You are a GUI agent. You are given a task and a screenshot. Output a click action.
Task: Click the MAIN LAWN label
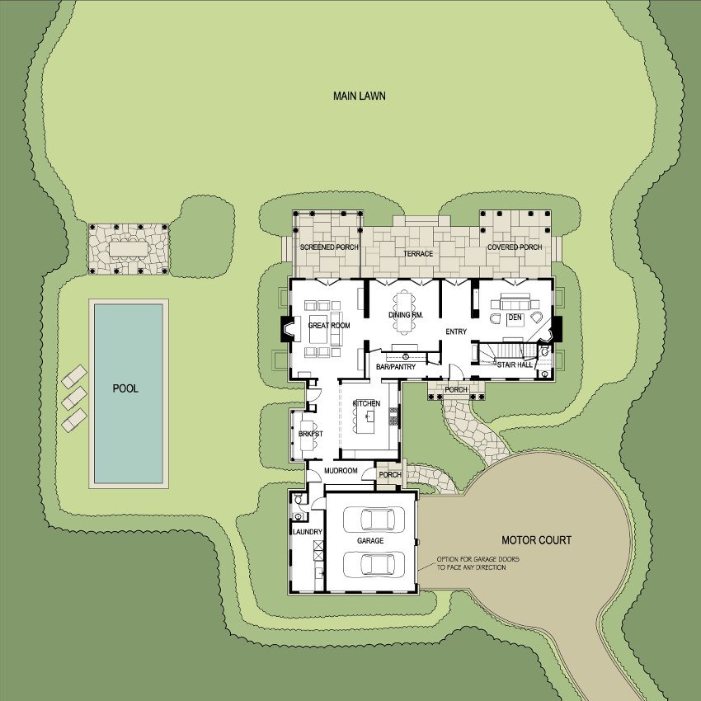click(359, 96)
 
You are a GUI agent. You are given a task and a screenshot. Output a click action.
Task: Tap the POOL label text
click(125, 388)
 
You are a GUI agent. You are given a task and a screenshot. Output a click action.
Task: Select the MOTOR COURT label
click(536, 540)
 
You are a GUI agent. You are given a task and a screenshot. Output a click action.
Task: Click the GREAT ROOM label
click(328, 326)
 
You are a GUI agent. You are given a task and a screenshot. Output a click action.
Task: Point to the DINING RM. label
click(406, 315)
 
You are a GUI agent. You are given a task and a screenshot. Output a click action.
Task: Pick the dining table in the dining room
click(404, 312)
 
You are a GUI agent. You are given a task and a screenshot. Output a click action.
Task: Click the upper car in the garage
click(374, 520)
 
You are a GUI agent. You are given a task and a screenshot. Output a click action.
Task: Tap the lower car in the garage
click(374, 565)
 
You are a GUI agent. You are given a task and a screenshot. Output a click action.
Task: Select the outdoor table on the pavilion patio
click(129, 249)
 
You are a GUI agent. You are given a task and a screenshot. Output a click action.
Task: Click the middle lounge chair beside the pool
click(74, 398)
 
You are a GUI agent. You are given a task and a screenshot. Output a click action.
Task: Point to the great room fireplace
click(287, 329)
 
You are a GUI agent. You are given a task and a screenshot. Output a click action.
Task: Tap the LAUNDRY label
click(307, 532)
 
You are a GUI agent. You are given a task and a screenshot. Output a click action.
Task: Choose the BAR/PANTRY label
click(396, 367)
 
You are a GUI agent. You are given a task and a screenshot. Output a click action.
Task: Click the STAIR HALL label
click(515, 365)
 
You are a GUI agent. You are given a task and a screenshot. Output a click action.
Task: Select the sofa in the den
click(515, 302)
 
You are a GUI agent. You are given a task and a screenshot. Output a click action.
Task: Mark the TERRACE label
click(418, 254)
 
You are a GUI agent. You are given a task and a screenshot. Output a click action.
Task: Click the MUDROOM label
click(341, 471)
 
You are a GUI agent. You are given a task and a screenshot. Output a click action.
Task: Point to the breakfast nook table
click(307, 435)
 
